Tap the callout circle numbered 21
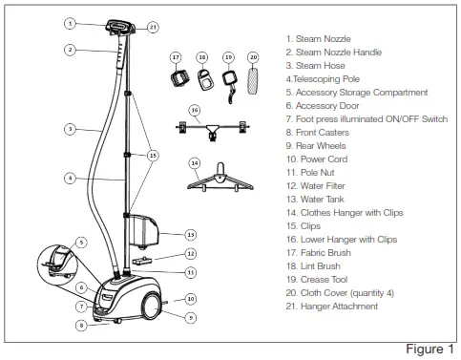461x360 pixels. click(x=154, y=28)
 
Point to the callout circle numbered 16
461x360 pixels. click(x=196, y=111)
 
